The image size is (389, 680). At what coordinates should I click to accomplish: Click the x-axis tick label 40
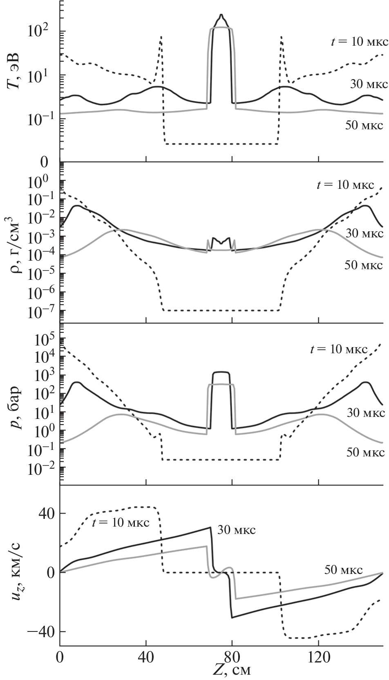tap(145, 658)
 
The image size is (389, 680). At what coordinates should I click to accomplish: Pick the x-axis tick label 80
tap(232, 658)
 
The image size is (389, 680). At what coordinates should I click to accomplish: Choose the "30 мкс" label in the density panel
tap(365, 234)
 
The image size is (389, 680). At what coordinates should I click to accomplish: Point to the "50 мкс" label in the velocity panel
tap(344, 569)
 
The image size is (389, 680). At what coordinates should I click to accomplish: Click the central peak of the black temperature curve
tap(221, 15)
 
